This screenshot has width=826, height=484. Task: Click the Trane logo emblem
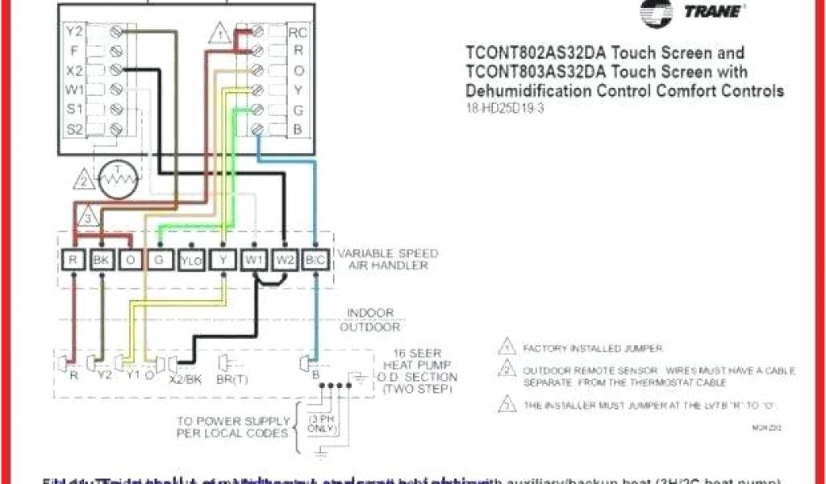(x=657, y=11)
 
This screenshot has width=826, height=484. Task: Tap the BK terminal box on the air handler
(x=102, y=260)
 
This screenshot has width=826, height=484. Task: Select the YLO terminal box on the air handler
(x=190, y=260)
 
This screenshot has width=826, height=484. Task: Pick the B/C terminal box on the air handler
(x=316, y=260)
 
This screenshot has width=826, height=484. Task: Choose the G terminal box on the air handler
(x=160, y=260)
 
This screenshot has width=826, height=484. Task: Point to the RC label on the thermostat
(x=298, y=33)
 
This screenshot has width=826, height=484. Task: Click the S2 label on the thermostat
(x=74, y=127)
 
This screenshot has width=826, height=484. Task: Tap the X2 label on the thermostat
(x=74, y=70)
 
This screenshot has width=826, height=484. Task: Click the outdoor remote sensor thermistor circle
(x=119, y=179)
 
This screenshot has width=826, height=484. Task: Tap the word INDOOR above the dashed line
(x=371, y=313)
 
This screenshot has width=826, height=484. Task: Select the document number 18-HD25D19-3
(x=505, y=108)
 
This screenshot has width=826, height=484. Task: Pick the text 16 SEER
(x=410, y=353)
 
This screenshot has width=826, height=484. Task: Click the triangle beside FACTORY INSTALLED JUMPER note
(x=507, y=348)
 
